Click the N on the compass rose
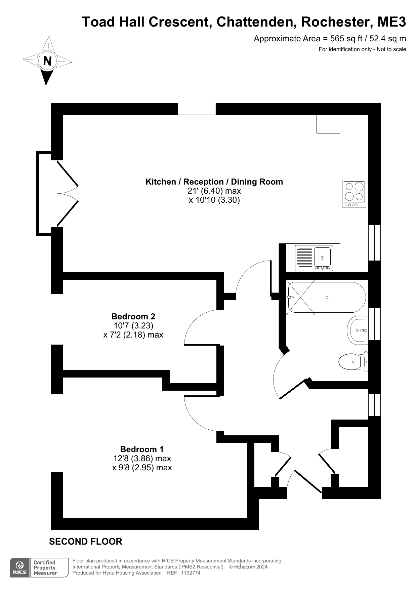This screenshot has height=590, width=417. click(x=47, y=61)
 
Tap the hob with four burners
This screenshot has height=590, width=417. click(x=354, y=194)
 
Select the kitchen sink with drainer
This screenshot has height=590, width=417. click(x=314, y=258)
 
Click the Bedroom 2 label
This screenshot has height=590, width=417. click(x=133, y=316)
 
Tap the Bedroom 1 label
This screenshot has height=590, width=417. click(x=142, y=449)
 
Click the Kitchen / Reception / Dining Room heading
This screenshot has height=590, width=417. click(x=214, y=182)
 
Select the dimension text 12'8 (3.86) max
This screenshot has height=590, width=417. click(x=142, y=458)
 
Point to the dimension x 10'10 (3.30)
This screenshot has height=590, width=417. click(x=214, y=200)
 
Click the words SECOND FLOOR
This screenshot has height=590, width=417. click(x=86, y=542)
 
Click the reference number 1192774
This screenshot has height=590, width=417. click(x=191, y=573)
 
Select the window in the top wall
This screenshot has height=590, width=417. click(x=197, y=109)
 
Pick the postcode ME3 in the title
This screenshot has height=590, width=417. click(x=392, y=22)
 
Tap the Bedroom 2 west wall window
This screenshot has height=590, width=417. click(x=57, y=319)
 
